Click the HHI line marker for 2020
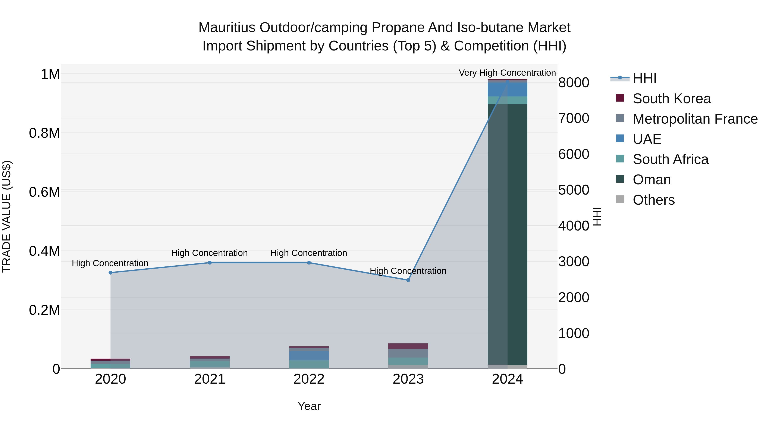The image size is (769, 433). point(110,273)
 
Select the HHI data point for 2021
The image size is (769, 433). point(210,263)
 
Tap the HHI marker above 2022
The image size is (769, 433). point(309,263)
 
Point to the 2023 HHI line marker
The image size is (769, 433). point(408,280)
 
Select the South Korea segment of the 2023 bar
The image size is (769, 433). point(408,346)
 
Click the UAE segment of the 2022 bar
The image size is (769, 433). point(309,356)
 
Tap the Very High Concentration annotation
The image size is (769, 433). point(507,73)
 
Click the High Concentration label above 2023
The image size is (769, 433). point(408,271)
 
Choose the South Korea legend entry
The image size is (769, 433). point(671,99)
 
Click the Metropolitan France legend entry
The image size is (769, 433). point(695,119)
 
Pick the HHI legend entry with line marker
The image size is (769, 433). point(644,78)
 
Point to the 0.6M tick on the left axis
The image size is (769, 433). point(44,192)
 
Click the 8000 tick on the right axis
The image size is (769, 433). point(574,83)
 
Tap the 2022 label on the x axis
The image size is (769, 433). point(309,379)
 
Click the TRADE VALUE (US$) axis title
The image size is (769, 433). point(7,216)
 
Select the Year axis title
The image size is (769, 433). point(309,406)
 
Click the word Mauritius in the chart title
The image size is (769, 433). point(227,28)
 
